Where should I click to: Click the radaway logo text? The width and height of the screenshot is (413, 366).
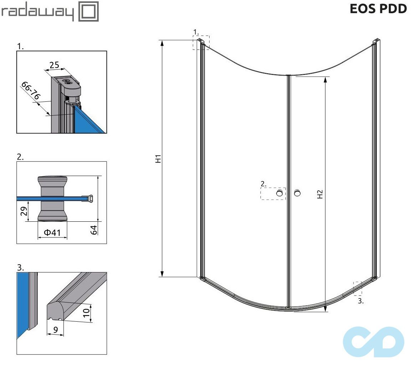[x=37, y=12]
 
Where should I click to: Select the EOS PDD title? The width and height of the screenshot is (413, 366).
[x=378, y=9]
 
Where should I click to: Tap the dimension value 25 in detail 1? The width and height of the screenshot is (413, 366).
[x=54, y=65]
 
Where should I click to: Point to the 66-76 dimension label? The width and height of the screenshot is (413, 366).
[x=31, y=91]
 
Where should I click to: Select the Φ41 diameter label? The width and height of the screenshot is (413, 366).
[x=52, y=233]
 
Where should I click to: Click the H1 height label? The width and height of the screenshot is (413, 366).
[x=159, y=159]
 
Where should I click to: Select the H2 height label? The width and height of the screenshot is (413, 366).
[x=320, y=194]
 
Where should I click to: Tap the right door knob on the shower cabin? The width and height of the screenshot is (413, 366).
[x=297, y=193]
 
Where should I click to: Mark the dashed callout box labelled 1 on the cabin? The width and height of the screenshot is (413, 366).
[x=201, y=42]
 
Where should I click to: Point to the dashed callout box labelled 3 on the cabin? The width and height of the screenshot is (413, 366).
[x=357, y=289]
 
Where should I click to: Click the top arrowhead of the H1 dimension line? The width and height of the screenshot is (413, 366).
[x=162, y=44]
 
